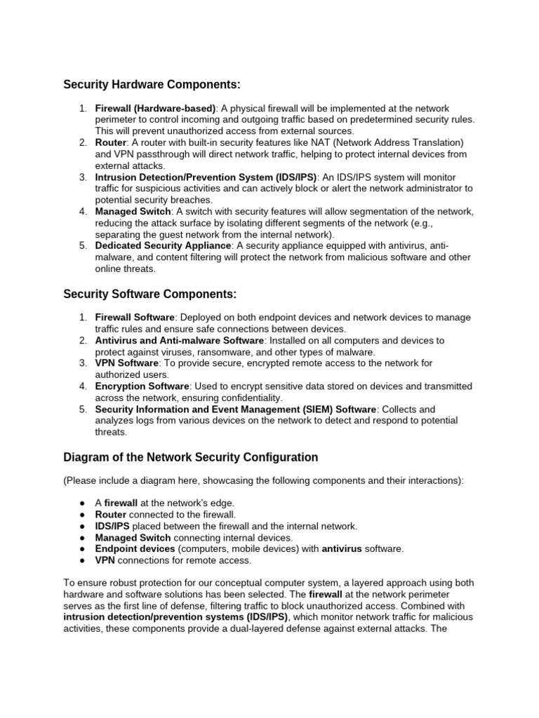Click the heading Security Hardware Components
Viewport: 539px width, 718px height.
point(152,85)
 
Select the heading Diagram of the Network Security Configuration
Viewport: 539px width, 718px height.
point(191,457)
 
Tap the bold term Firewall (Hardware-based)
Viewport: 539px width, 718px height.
point(157,109)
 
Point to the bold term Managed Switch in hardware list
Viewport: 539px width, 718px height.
point(133,211)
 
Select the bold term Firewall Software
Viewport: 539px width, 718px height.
point(135,318)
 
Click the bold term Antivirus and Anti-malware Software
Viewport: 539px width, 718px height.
point(179,340)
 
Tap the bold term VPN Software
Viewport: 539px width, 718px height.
point(127,363)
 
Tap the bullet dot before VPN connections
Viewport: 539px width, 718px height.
point(83,560)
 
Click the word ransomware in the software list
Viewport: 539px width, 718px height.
point(236,352)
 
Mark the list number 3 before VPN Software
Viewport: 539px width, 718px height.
point(82,363)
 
